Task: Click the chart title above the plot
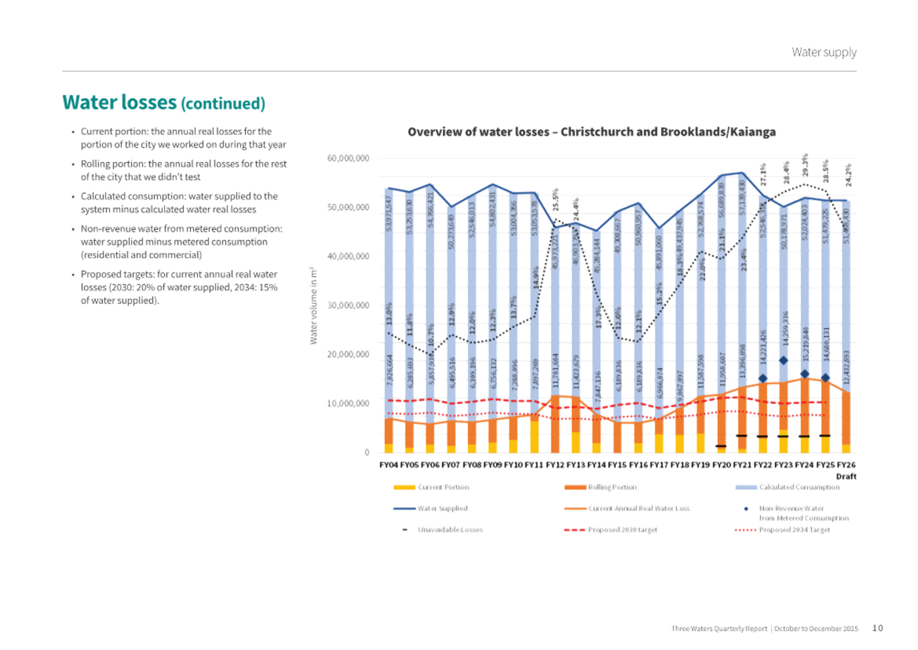tap(592, 132)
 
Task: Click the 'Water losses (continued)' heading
tap(164, 102)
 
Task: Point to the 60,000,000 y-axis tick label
tap(348, 158)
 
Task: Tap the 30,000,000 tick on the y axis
tap(348, 305)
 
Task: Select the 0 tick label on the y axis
tap(366, 452)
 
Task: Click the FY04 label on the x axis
tap(389, 464)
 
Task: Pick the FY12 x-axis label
tap(555, 464)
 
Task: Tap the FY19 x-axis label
tap(700, 464)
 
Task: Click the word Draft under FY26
tap(846, 476)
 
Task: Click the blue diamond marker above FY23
tap(783, 360)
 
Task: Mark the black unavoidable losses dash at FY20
tap(721, 446)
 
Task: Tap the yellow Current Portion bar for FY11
tap(535, 436)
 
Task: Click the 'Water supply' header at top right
tap(824, 52)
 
